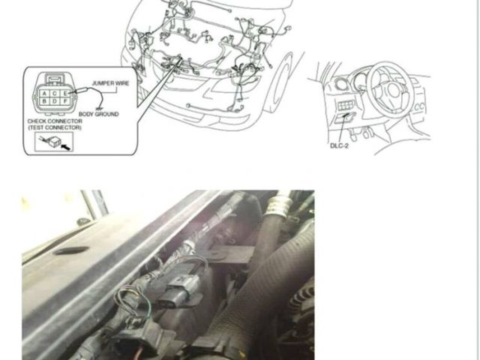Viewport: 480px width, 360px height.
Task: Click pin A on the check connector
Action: (x=45, y=94)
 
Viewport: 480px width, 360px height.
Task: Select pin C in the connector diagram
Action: (x=55, y=94)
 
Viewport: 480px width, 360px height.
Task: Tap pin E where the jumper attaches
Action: (x=64, y=94)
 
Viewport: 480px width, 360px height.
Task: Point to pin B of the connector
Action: (x=45, y=101)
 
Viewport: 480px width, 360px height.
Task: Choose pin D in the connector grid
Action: (x=55, y=101)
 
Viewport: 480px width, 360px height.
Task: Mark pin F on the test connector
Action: (x=64, y=101)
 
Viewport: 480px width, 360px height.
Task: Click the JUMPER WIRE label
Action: (x=110, y=83)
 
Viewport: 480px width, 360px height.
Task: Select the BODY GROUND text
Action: (x=98, y=114)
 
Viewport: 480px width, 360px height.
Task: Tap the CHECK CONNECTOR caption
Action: (x=55, y=121)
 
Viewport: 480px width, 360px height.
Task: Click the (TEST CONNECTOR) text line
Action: (x=55, y=127)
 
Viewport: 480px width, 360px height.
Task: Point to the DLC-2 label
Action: (x=339, y=145)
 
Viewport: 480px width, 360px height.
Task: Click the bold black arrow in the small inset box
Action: (x=65, y=147)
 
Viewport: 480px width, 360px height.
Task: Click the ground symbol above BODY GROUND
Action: (x=98, y=108)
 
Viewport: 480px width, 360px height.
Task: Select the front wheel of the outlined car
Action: (x=278, y=82)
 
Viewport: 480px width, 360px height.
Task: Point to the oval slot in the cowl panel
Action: (x=70, y=250)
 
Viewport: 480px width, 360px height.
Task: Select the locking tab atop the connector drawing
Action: (x=55, y=78)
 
